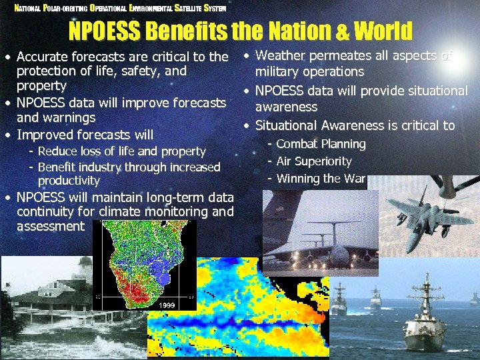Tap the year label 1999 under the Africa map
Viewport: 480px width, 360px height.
tap(167, 305)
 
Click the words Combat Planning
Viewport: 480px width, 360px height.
tap(321, 144)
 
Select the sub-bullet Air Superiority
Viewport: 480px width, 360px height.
tap(313, 161)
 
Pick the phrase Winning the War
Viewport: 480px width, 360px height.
tap(321, 179)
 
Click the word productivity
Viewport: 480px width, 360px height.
tap(69, 181)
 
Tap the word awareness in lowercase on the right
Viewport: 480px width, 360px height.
tap(287, 107)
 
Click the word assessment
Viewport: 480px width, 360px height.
tap(51, 227)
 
